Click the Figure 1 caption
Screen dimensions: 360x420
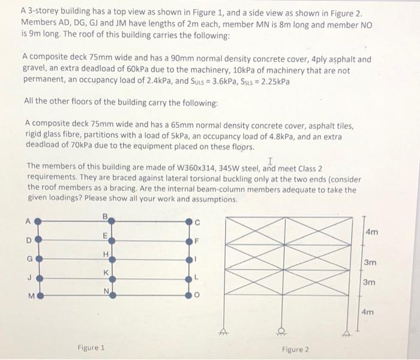(91, 347)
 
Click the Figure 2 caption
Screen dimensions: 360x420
(295, 348)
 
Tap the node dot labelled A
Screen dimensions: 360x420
(37, 221)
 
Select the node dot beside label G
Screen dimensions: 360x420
(37, 259)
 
